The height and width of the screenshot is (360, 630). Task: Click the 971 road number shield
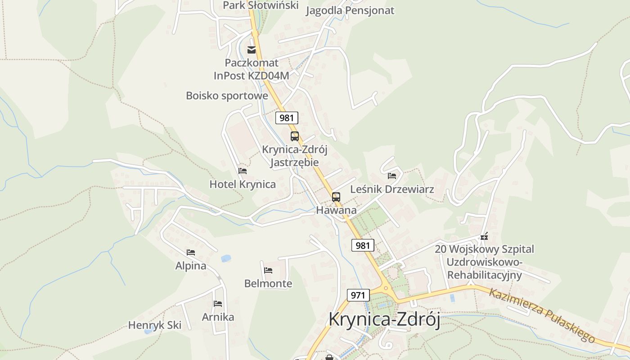(x=358, y=295)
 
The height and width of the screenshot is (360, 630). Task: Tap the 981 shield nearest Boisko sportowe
(x=287, y=118)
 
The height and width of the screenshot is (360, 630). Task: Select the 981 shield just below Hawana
(x=362, y=245)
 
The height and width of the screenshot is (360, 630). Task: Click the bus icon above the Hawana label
(x=336, y=197)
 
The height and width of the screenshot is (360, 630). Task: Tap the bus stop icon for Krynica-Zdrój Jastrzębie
(x=295, y=136)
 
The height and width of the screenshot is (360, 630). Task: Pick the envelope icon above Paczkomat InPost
(x=252, y=49)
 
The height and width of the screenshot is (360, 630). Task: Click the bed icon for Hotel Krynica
(x=243, y=171)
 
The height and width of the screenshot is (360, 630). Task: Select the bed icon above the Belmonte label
(x=268, y=270)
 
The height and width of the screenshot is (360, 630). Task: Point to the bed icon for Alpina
(x=191, y=252)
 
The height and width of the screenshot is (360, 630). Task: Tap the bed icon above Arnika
(x=218, y=304)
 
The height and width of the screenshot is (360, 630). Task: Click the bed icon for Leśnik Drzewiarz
(x=392, y=175)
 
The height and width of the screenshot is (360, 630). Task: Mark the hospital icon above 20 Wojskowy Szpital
(x=484, y=236)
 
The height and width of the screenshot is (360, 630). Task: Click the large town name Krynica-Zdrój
(x=384, y=319)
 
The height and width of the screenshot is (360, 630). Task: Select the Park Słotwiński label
(x=261, y=5)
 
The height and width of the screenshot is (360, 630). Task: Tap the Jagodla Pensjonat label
(x=350, y=10)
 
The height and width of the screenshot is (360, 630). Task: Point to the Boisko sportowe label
(x=227, y=96)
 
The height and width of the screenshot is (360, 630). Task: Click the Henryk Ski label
(x=155, y=325)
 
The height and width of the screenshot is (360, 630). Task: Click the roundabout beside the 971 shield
(x=385, y=289)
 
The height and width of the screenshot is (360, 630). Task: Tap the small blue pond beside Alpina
(x=225, y=258)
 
